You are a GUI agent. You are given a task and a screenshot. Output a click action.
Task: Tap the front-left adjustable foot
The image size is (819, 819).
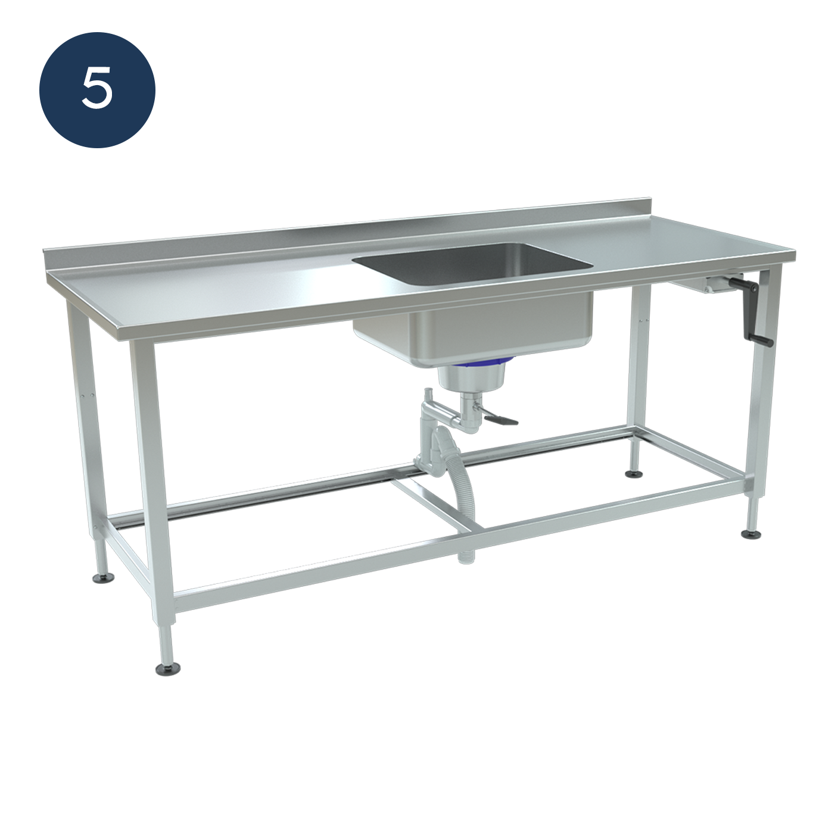tap(167, 670)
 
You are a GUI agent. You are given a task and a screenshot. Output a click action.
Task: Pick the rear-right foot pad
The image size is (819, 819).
tap(634, 473)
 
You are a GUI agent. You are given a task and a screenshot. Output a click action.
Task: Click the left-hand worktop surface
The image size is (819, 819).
tap(213, 289)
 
